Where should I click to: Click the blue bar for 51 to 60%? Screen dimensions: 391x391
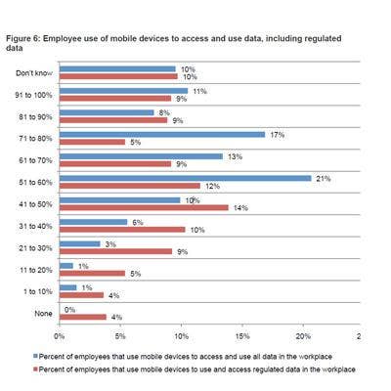click(x=186, y=178)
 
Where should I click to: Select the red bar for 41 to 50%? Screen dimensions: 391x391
click(x=144, y=207)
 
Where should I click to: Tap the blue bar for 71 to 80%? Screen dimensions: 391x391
click(x=162, y=135)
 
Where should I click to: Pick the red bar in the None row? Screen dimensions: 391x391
click(x=83, y=317)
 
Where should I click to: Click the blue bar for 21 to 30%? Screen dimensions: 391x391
click(x=80, y=244)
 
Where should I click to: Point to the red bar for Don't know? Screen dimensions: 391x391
click(x=118, y=76)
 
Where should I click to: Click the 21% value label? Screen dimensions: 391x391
click(x=324, y=179)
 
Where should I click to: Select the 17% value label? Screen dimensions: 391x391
click(x=278, y=135)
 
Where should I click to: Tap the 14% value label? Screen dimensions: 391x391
click(x=240, y=208)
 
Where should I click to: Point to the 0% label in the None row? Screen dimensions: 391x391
click(x=69, y=310)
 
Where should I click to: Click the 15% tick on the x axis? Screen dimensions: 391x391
click(x=242, y=336)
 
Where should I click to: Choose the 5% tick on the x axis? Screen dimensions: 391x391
click(x=120, y=336)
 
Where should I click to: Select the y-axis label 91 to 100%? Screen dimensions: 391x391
click(x=33, y=95)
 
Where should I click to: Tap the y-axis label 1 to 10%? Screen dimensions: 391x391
click(x=38, y=291)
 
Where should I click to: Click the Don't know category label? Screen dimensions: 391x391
click(x=34, y=73)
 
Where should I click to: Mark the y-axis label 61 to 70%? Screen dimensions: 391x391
click(x=35, y=160)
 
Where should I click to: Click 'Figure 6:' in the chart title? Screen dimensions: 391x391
click(x=23, y=38)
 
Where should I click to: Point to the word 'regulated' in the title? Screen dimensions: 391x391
click(x=323, y=38)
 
